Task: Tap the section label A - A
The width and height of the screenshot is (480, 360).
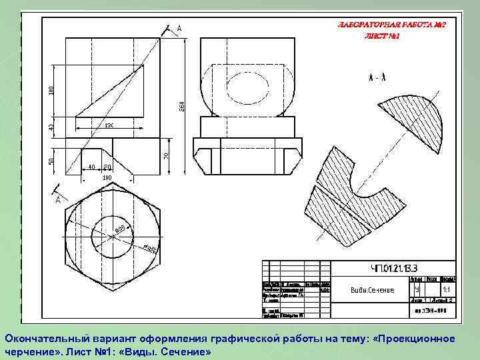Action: click(x=377, y=77)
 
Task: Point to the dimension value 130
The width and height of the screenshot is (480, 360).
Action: click(x=109, y=125)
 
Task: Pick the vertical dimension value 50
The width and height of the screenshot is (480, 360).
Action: click(x=53, y=161)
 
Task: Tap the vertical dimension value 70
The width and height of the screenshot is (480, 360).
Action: click(x=167, y=155)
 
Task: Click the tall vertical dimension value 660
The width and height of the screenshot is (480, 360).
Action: click(x=181, y=105)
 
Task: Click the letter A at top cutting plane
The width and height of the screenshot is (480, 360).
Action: click(x=179, y=29)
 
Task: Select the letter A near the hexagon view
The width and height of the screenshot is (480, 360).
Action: click(x=58, y=199)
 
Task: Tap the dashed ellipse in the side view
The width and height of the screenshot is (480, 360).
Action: click(x=246, y=86)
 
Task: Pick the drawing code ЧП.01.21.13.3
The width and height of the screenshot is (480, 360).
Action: click(x=393, y=269)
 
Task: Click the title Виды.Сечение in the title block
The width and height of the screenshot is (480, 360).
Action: click(x=372, y=290)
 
